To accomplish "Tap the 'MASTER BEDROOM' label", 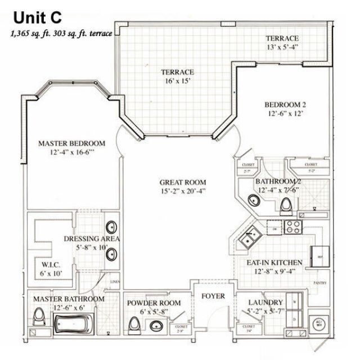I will pyautogui.click(x=71, y=143).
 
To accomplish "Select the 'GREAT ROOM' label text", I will pyautogui.click(x=182, y=182).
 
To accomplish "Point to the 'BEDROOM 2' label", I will pyautogui.click(x=285, y=104).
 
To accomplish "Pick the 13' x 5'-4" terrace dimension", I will pyautogui.click(x=286, y=47).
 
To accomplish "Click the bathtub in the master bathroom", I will pyautogui.click(x=75, y=325).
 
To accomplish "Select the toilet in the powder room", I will pyautogui.click(x=134, y=325).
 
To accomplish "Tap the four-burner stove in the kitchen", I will pyautogui.click(x=292, y=226).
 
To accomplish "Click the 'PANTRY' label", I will pyautogui.click(x=320, y=282).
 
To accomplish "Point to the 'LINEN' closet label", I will pyautogui.click(x=115, y=281).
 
